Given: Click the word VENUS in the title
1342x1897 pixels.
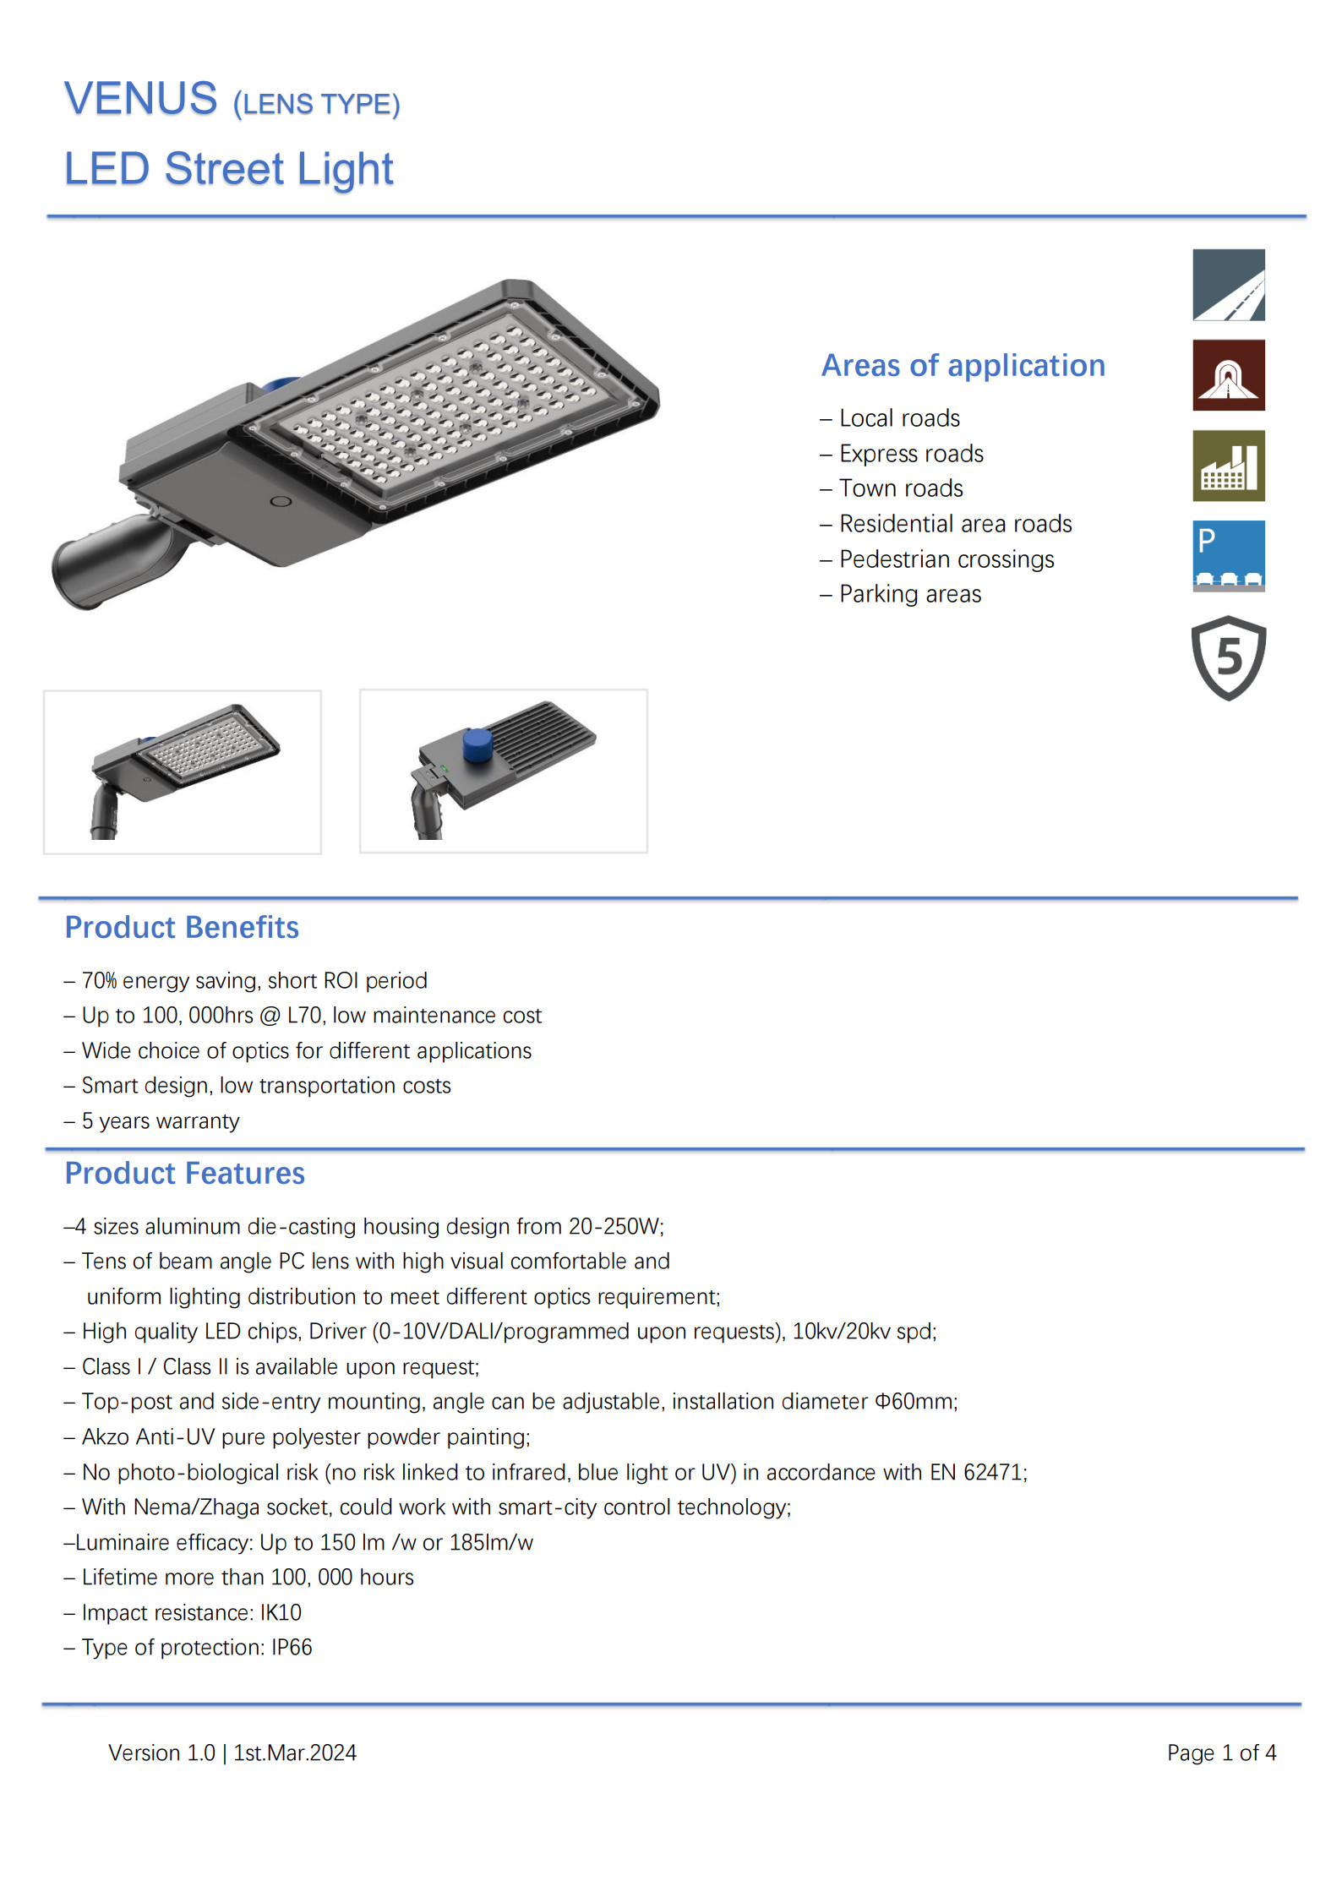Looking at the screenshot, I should pos(140,99).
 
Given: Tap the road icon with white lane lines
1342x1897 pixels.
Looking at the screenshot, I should pos(1228,285).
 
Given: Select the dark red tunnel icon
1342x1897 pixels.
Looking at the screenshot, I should pos(1228,375).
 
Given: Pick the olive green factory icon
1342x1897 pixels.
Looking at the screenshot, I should pos(1228,466).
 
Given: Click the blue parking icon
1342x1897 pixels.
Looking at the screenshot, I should pos(1228,555).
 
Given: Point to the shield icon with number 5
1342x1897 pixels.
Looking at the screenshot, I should pos(1228,657).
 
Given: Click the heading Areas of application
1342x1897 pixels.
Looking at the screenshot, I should pos(963,366).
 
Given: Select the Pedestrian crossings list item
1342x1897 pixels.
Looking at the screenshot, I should pos(946,559).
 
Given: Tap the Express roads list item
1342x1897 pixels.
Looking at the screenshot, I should pos(911,454).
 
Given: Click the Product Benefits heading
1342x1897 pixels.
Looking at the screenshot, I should pos(182,928).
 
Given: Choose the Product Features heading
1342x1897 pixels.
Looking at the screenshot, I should pos(184,1174).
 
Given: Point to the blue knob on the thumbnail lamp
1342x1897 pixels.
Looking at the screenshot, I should pos(478,744).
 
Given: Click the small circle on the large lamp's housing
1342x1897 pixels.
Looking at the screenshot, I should pos(281,502).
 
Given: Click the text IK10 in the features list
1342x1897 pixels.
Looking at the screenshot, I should pos(281,1613).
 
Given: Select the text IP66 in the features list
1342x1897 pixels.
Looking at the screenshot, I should pos(292,1648).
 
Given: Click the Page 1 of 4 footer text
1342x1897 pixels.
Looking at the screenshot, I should pos(1221,1753).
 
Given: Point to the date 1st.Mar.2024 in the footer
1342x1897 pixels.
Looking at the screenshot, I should pos(295,1753).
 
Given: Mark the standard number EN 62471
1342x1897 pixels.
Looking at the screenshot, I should pos(977,1473).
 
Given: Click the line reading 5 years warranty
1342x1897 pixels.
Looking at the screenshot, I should pos(160,1121).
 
